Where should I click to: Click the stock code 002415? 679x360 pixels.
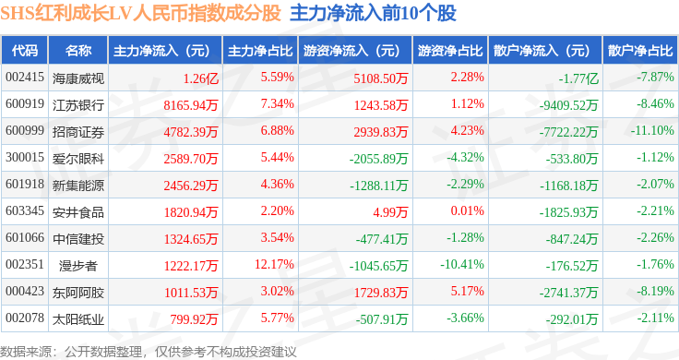(25, 78)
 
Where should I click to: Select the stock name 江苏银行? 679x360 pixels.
(78, 105)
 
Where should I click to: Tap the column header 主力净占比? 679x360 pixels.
(260, 51)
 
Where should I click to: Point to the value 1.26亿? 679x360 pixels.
(200, 78)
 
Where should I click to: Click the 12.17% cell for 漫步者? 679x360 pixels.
(274, 264)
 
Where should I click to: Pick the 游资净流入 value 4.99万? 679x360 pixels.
(390, 212)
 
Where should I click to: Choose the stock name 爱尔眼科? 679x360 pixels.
(78, 159)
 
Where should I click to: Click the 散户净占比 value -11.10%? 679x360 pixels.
(652, 130)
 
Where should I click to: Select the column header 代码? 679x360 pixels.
(25, 51)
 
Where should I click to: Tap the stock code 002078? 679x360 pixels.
(25, 318)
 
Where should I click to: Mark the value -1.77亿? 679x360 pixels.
(578, 78)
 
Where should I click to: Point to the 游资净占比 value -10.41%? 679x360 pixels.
(462, 264)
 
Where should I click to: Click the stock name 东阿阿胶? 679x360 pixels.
(78, 293)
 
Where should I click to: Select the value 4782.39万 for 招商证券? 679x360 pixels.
(191, 132)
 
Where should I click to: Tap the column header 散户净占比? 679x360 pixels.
(640, 51)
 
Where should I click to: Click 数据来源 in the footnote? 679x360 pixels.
(26, 352)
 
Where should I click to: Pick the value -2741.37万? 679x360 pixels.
(568, 293)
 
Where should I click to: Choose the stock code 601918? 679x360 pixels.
(25, 184)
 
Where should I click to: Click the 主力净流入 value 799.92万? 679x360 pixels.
(194, 319)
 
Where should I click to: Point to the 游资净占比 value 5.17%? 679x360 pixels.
(467, 291)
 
